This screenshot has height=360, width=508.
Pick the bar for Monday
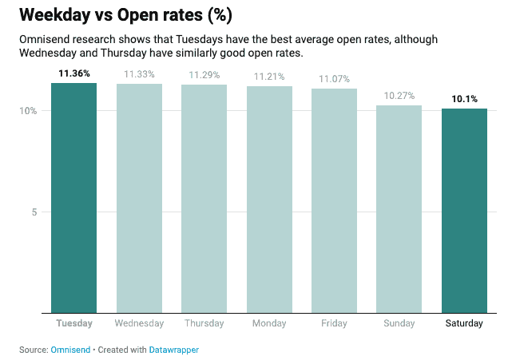[x=269, y=199]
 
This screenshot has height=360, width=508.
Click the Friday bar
[x=334, y=200]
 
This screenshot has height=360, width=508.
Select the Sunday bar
[x=399, y=208]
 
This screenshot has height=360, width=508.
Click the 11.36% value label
[x=74, y=73]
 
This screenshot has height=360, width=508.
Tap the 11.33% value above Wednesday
[x=139, y=74]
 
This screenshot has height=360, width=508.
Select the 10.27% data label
[x=399, y=96]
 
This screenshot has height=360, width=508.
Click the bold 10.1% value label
[x=464, y=99]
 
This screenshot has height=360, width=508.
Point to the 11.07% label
[x=334, y=79]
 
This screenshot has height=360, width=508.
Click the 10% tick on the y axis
[x=29, y=110]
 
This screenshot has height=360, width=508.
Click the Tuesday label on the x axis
[x=74, y=323]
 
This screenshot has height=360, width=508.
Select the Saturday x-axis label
[x=464, y=323]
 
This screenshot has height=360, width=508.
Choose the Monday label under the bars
[x=269, y=323]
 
